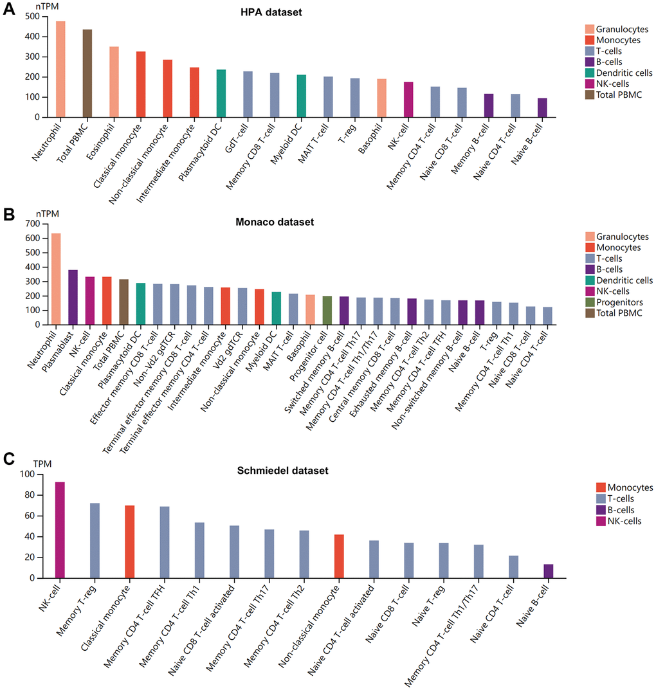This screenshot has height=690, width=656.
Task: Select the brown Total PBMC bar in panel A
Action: click(87, 73)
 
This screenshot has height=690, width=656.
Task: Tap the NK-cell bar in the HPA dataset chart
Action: click(408, 100)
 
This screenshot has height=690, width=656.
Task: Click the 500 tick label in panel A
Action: click(31, 16)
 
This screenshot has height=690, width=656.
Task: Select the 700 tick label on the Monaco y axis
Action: click(31, 224)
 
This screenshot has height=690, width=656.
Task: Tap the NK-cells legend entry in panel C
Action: click(618, 521)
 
